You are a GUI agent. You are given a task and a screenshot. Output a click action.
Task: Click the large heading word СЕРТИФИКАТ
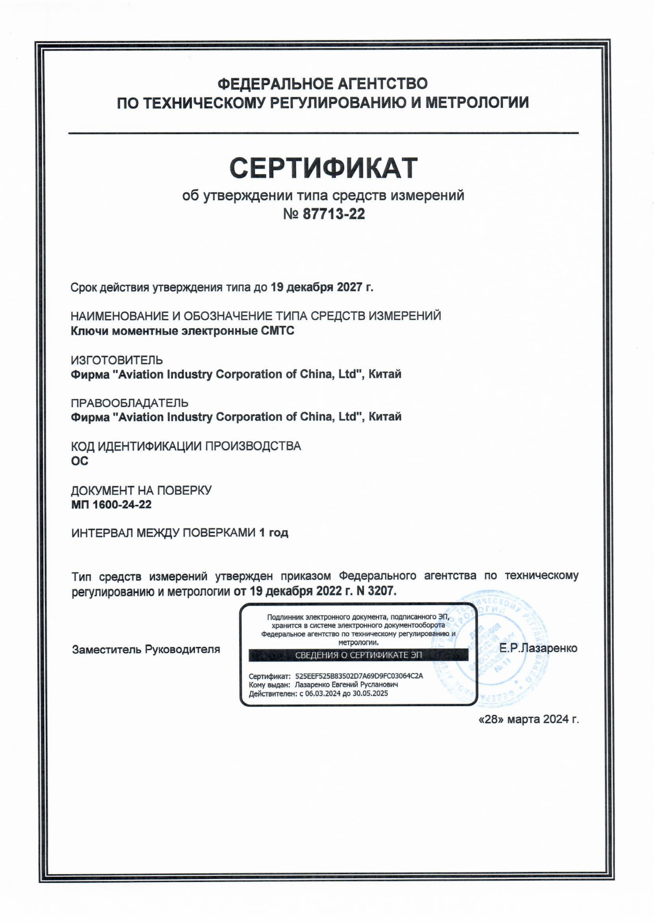coord(323,168)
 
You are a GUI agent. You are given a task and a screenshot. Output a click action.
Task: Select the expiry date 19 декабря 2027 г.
coord(322,287)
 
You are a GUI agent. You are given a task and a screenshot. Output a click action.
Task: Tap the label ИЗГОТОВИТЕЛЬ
coord(117,360)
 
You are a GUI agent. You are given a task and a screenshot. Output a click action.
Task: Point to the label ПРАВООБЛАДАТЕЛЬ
coord(130,403)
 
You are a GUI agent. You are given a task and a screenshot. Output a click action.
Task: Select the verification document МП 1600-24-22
coord(111,505)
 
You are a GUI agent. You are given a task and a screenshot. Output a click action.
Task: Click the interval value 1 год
coord(274,533)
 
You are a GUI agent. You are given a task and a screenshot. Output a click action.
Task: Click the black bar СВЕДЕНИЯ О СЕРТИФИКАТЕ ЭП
coord(358,655)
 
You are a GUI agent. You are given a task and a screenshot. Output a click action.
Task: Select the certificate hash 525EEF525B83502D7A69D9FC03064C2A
coord(359,676)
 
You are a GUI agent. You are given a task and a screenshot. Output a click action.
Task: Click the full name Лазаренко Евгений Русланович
coord(346,684)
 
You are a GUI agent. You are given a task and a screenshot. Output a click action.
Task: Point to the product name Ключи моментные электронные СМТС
coord(182,331)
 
